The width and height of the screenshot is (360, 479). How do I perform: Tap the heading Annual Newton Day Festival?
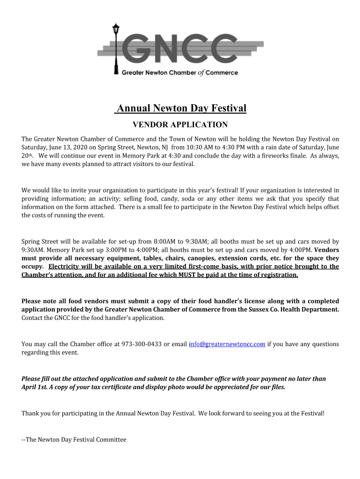[x=181, y=109]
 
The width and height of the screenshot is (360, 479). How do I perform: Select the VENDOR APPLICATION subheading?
[x=180, y=125]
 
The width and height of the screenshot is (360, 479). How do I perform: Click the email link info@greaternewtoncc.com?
[x=227, y=344]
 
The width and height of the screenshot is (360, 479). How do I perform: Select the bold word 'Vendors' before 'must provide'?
[x=327, y=250]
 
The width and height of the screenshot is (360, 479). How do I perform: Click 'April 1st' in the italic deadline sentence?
[x=35, y=387]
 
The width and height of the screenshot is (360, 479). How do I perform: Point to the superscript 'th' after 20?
[x=31, y=155]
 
